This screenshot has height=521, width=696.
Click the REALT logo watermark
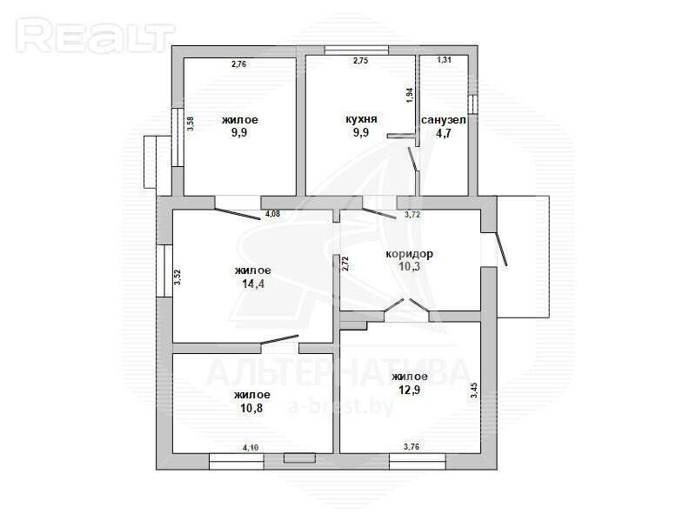point(96,36)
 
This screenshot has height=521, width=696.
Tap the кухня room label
point(361,119)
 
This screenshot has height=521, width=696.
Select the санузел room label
point(444,120)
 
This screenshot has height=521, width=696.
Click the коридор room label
point(409,254)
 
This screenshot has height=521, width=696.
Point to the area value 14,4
point(253,284)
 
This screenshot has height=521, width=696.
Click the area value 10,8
point(251,408)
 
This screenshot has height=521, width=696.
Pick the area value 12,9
point(409,390)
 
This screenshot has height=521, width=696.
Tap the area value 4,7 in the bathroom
point(444,133)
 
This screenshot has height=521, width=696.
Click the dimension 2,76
point(238,63)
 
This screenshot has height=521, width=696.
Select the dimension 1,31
point(445,60)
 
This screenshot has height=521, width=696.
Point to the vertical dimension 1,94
point(410,96)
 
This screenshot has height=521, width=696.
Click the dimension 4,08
point(272,214)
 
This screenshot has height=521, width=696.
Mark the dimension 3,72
point(412,215)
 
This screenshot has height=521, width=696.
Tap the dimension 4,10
point(251,448)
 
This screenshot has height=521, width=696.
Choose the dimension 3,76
point(412,447)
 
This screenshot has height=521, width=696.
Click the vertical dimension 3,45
point(474,390)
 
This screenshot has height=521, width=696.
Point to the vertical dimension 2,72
point(345,264)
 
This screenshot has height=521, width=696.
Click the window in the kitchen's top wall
point(357,50)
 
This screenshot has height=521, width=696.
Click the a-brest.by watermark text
point(341,406)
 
